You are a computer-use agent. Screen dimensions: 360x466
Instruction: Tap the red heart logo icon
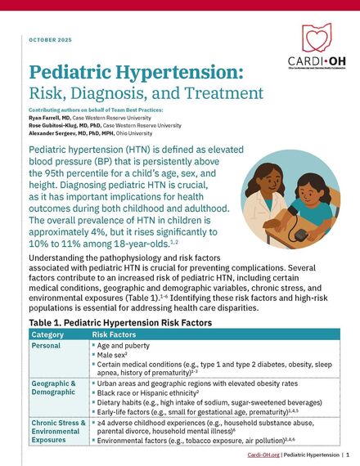[317, 38]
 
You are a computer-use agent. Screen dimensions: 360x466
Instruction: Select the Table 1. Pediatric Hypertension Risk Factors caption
[120, 323]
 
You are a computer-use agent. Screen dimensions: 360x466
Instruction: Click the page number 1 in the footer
[348, 454]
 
